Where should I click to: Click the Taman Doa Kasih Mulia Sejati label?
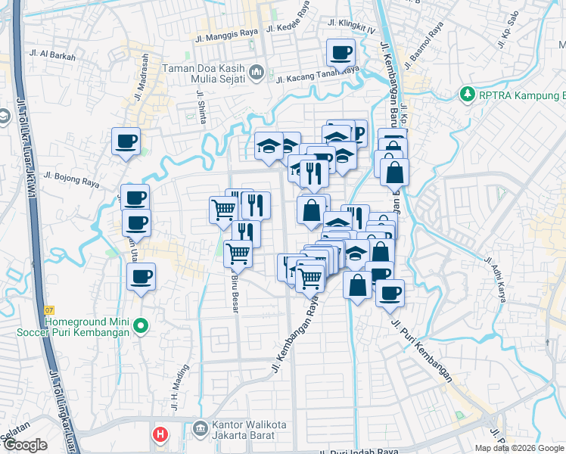(206, 73)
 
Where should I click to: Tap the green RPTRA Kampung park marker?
(467, 95)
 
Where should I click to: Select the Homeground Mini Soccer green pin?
(140, 326)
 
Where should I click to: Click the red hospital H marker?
(160, 434)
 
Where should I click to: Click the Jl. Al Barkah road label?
(50, 54)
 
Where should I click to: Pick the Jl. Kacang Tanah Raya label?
(317, 74)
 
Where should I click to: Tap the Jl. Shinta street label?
(201, 106)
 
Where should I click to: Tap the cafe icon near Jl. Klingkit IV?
(341, 53)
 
